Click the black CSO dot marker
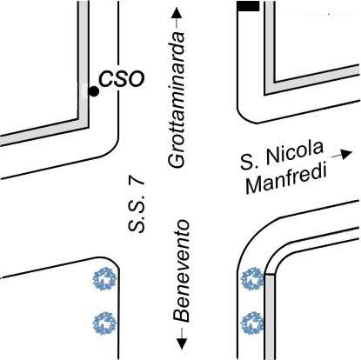point(94,91)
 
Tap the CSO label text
point(122,78)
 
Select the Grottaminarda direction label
point(177,100)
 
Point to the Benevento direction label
point(182,271)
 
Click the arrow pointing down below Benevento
point(182,338)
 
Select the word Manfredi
point(286,179)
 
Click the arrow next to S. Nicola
point(342,154)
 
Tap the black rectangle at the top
point(248,6)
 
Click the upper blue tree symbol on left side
point(104,280)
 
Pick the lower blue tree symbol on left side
point(104,323)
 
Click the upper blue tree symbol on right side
point(253,279)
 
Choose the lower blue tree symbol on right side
point(253,323)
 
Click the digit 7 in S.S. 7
point(137,183)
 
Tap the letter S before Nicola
point(247,163)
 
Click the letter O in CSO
point(136,79)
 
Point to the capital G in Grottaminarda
point(176,159)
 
